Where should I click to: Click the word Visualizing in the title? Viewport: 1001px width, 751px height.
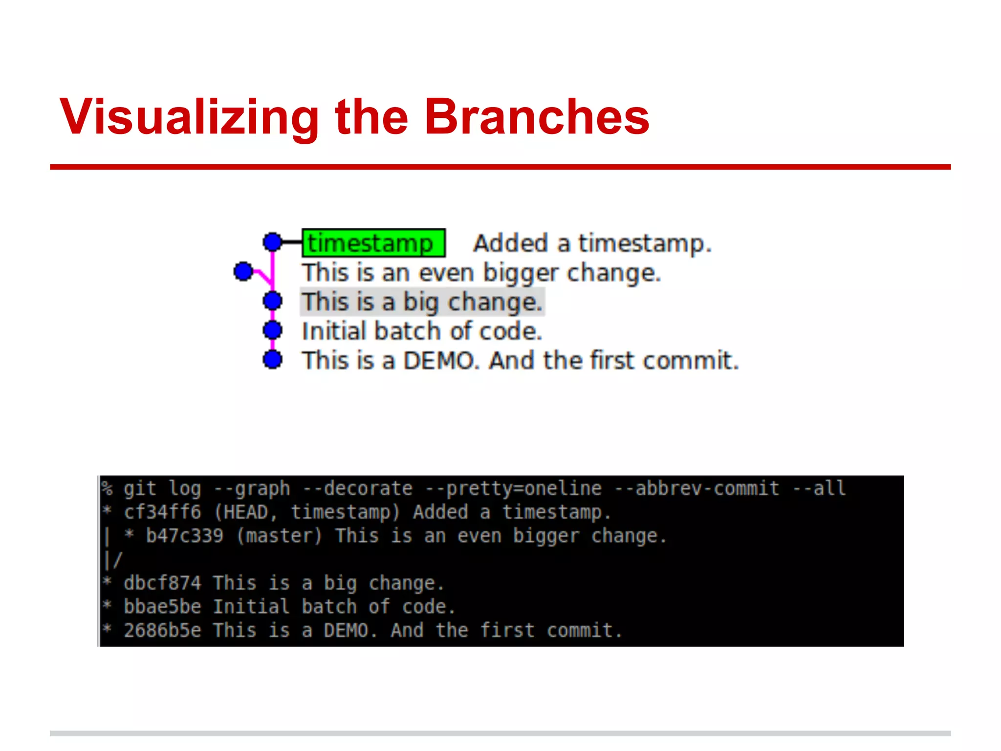tap(189, 117)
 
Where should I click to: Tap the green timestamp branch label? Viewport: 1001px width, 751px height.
tap(373, 243)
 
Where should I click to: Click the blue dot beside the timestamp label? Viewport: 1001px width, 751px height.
tap(272, 242)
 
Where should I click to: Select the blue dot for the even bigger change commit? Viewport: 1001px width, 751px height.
tap(243, 271)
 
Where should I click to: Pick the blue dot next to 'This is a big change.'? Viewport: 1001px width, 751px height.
tap(272, 301)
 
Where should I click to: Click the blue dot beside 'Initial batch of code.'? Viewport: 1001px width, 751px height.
tap(272, 331)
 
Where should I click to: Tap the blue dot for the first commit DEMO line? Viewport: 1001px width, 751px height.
tap(272, 360)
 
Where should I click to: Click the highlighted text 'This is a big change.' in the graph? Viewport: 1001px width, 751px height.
tap(422, 302)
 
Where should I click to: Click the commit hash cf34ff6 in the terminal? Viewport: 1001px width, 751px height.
tap(162, 512)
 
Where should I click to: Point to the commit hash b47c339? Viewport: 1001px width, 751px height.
tap(184, 536)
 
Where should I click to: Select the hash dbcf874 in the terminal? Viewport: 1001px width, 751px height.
tap(162, 583)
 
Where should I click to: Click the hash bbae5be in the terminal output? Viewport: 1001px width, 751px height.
tap(162, 607)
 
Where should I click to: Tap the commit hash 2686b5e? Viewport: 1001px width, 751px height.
tap(162, 630)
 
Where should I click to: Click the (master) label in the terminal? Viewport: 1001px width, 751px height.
tap(279, 536)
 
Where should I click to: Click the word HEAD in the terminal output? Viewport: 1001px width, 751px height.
tap(246, 512)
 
